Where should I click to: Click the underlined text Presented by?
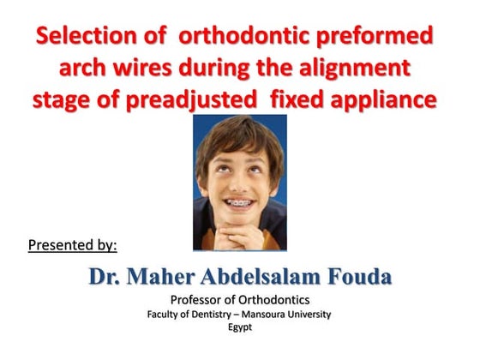(72, 246)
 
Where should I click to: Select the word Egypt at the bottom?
(240, 327)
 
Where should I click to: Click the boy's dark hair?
(239, 137)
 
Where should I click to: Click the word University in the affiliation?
(309, 314)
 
